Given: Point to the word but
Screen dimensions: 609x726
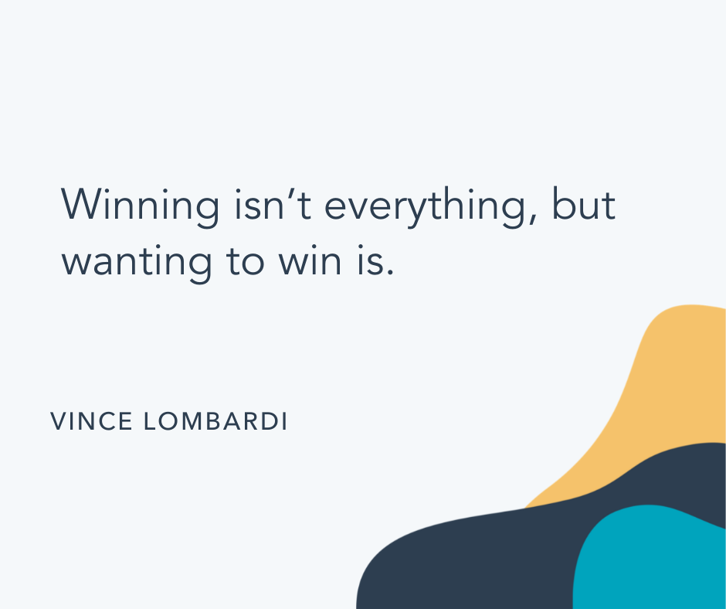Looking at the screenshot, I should coord(584,206).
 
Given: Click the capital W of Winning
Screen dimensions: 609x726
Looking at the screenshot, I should coord(81,206).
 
